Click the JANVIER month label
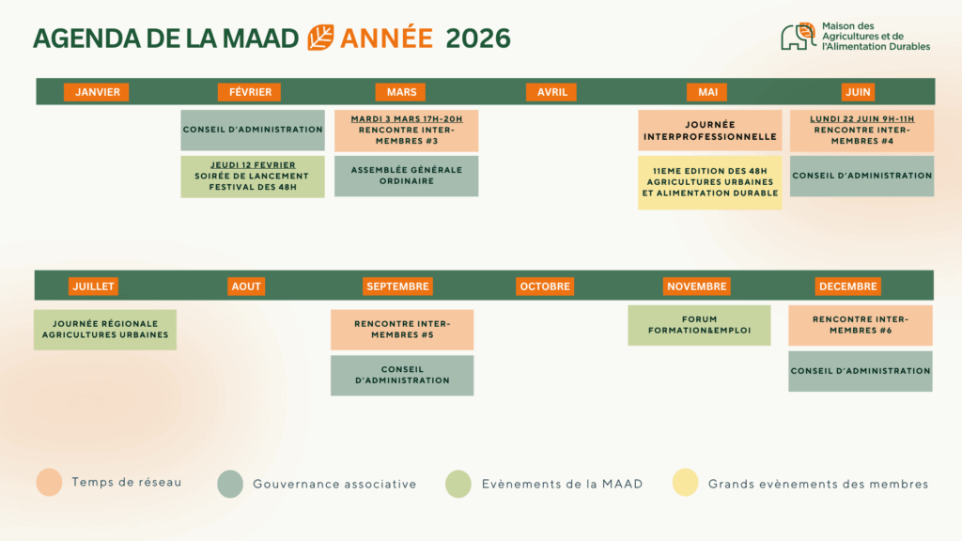click(97, 92)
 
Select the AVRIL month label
click(551, 92)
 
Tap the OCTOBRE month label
click(545, 286)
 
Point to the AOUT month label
click(246, 286)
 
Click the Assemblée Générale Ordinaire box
click(406, 176)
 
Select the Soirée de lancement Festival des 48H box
click(253, 177)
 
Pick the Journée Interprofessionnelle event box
click(710, 131)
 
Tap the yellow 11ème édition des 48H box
click(710, 183)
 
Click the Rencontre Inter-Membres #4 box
click(862, 131)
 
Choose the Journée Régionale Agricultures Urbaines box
click(105, 330)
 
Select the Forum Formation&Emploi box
click(699, 325)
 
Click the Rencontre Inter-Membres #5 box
click(402, 330)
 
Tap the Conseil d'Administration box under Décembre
click(861, 371)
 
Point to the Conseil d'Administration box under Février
click(253, 130)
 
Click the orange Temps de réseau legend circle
click(49, 482)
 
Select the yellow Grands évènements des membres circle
click(685, 482)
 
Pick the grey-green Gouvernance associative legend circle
click(230, 484)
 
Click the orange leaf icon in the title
click(320, 38)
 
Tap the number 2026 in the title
click(478, 38)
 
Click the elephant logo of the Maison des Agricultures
click(799, 37)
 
